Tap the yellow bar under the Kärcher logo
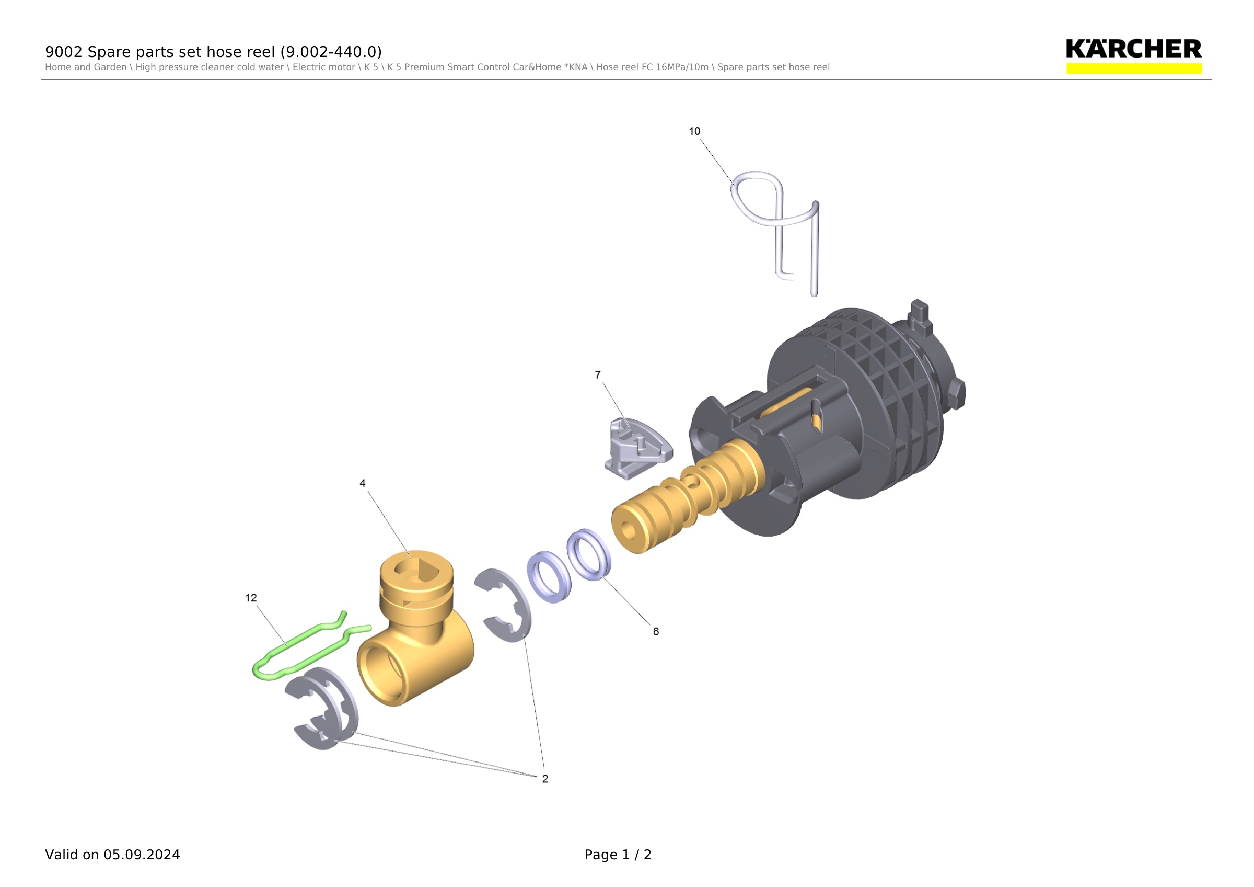point(1134,69)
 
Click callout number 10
point(694,131)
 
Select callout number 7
point(598,375)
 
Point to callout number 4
point(362,483)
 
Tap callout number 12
point(251,598)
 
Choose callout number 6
point(656,632)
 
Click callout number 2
point(545,779)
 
